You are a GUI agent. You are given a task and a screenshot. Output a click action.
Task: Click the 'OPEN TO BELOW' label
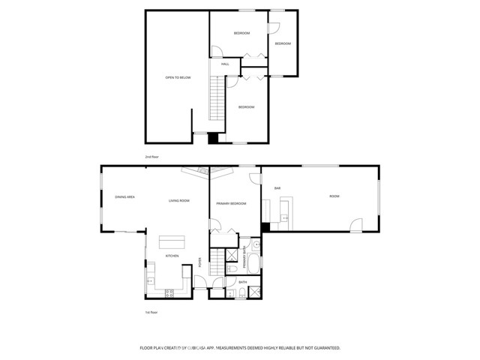(178, 77)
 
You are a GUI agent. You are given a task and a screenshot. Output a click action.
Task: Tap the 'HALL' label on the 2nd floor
(225, 64)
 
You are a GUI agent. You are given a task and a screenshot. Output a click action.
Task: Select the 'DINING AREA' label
(124, 196)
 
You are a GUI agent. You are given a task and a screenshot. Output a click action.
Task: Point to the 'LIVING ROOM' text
(178, 200)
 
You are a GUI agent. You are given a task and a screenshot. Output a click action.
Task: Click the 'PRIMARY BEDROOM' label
(231, 203)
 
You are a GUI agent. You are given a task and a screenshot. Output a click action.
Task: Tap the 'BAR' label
(277, 187)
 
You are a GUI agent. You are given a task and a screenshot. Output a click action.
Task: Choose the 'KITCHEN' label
(172, 256)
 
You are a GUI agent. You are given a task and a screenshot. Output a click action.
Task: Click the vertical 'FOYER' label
(199, 262)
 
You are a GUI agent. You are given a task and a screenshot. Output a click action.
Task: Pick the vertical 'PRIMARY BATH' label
(244, 259)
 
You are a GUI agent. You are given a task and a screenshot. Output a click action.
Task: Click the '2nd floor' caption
(151, 157)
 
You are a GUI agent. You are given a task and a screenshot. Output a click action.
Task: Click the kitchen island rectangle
(172, 241)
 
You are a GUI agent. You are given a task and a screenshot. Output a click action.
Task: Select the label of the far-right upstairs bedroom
(282, 43)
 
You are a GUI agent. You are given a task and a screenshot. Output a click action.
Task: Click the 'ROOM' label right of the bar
(334, 196)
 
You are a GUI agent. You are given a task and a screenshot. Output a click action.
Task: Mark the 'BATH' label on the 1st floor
(241, 283)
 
